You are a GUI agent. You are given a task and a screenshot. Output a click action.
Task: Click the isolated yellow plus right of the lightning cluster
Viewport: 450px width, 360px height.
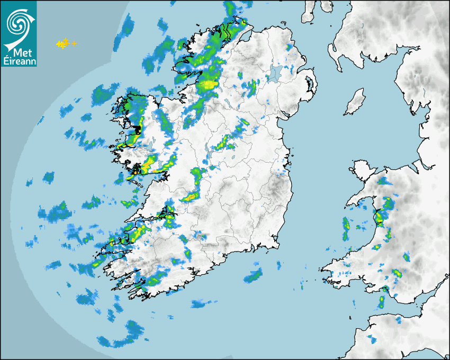tap(74, 43)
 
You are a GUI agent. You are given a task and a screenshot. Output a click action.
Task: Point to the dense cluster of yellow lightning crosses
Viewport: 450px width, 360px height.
tap(63, 43)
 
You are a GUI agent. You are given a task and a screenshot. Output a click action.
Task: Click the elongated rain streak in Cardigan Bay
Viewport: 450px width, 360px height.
tap(346, 228)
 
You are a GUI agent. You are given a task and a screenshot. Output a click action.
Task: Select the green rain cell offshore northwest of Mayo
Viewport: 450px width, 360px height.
tap(100, 95)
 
